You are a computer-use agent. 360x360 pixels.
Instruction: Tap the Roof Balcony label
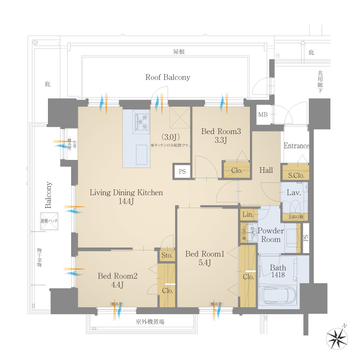coord(168,77)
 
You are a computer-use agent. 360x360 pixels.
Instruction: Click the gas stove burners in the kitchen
coord(142,122)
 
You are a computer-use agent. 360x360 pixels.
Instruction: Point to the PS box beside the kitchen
coord(182,172)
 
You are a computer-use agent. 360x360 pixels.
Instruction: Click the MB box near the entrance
coord(262,115)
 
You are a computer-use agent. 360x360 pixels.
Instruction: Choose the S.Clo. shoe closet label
coord(296,175)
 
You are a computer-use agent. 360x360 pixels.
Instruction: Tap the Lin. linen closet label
coord(248,215)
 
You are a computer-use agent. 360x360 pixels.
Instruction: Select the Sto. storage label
coord(167,255)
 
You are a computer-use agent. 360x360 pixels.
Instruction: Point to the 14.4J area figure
coord(126,201)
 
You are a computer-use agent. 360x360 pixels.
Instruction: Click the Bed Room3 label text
coord(221,131)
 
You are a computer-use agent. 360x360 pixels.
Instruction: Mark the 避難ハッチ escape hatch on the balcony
coord(50,221)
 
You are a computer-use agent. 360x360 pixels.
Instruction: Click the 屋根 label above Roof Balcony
coord(178,52)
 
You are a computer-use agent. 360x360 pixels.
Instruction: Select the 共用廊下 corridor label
coord(320,82)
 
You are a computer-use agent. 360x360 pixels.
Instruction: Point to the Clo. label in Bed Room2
coord(168,290)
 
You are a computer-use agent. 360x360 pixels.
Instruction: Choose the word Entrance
coord(296,146)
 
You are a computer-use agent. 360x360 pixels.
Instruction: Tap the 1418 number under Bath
coord(278,275)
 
